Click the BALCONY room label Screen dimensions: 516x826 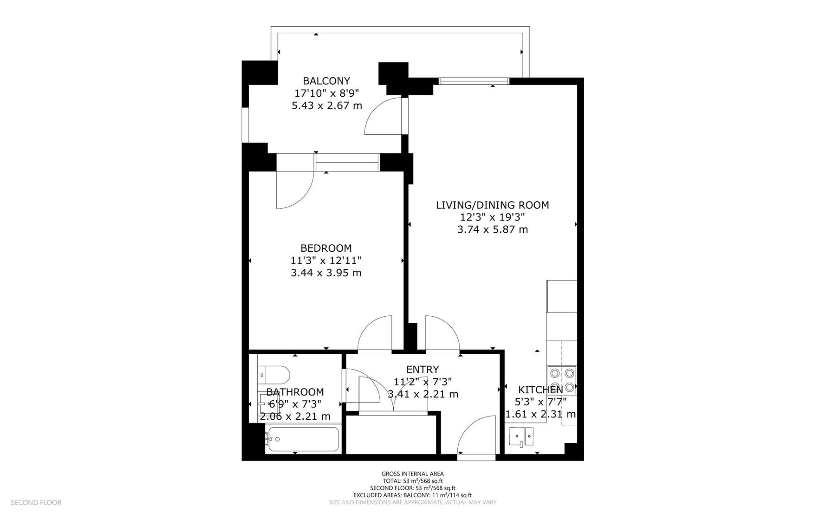point(326,81)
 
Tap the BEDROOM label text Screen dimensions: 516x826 point(326,248)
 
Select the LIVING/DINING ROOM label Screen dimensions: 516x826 point(492,205)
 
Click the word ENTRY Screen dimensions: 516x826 point(422,370)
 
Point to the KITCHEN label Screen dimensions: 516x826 point(540,390)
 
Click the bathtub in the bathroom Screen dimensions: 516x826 point(302,439)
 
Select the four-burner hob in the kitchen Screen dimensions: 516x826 point(562,380)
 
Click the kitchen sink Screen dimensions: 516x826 point(521,437)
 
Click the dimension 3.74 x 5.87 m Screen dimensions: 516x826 point(492,230)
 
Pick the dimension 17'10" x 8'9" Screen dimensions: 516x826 point(326,93)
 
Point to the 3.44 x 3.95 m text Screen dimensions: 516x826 point(326,273)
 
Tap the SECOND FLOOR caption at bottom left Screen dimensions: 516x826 point(36,502)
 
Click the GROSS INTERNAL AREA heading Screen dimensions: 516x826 point(412,474)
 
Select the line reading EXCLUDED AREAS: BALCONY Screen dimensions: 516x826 point(412,495)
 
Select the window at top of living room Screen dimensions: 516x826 point(474,81)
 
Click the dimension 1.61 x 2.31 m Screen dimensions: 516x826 point(540,414)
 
